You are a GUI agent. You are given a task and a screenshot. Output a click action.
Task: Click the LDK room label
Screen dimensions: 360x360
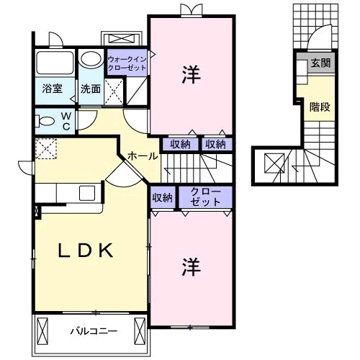[85, 251]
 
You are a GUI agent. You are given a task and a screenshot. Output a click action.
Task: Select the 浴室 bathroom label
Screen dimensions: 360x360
[51, 89]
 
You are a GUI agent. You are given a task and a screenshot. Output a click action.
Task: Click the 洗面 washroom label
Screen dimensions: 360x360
[91, 89]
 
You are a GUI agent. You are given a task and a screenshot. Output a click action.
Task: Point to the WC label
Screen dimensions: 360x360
[66, 120]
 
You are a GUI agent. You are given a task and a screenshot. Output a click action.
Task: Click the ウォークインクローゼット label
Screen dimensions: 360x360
[127, 63]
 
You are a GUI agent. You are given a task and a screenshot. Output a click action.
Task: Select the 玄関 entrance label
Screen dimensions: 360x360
[321, 63]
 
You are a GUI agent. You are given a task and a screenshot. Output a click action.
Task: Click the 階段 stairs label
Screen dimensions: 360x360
[320, 107]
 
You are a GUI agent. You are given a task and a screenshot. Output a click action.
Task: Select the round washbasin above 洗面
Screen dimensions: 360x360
[91, 59]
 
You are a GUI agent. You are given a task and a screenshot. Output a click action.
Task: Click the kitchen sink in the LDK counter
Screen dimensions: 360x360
[86, 193]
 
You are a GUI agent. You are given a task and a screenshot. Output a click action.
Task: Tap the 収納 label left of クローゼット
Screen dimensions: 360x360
[162, 197]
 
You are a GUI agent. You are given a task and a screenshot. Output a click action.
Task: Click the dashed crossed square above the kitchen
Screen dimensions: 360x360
[47, 149]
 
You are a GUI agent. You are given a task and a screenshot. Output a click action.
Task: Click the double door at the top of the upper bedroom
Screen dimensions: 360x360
[190, 10]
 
